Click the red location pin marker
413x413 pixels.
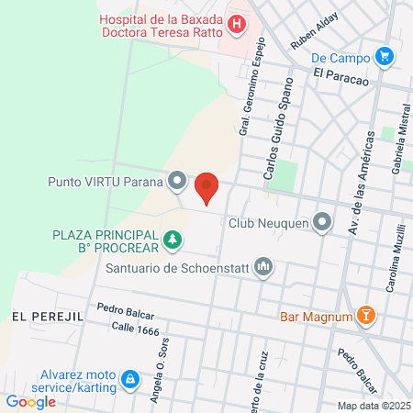(x=207, y=186)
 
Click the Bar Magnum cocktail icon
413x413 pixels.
(x=366, y=317)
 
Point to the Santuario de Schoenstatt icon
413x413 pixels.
(x=263, y=268)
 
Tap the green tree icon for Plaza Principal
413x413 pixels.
(x=172, y=241)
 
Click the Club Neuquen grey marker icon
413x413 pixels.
(x=322, y=221)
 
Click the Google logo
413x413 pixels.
(x=31, y=400)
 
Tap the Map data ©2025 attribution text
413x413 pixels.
(x=373, y=406)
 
